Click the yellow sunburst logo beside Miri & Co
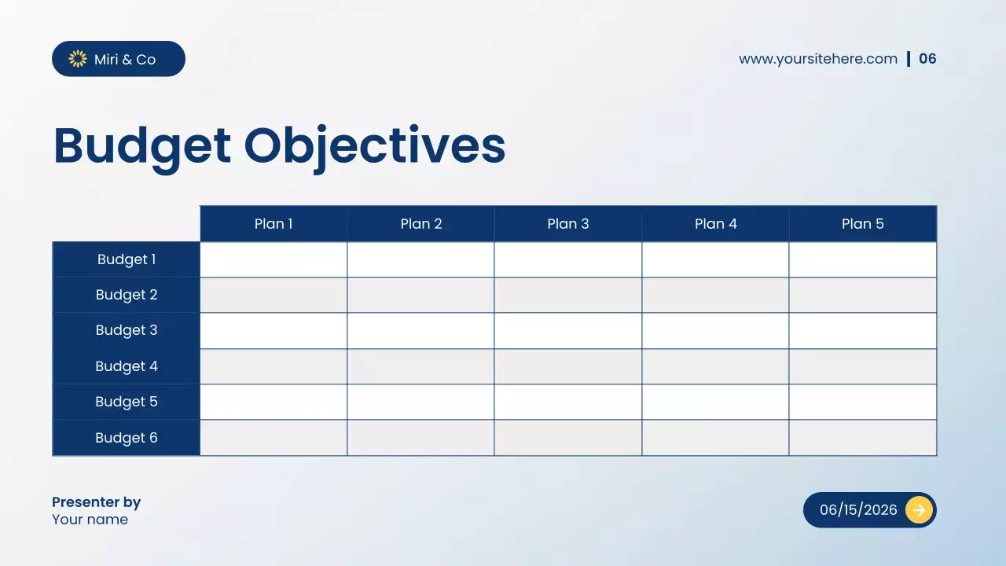[x=78, y=59]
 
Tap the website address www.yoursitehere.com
[x=817, y=59]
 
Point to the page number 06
[x=927, y=59]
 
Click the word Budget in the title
[x=142, y=146]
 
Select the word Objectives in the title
[x=374, y=146]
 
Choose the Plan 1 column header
[x=274, y=224]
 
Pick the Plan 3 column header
[x=568, y=224]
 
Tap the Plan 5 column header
[x=862, y=224]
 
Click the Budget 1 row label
[x=127, y=259]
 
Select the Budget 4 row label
[x=127, y=366]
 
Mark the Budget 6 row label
[x=127, y=438]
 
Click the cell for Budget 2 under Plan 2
[x=420, y=295]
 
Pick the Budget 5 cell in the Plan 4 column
[x=715, y=402]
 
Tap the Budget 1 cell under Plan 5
[x=862, y=259]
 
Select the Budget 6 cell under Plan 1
[x=274, y=438]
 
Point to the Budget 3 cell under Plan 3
[x=568, y=331]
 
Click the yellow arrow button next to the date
[x=919, y=510]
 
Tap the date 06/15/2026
[x=858, y=510]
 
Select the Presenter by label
[x=96, y=502]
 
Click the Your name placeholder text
[x=90, y=520]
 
